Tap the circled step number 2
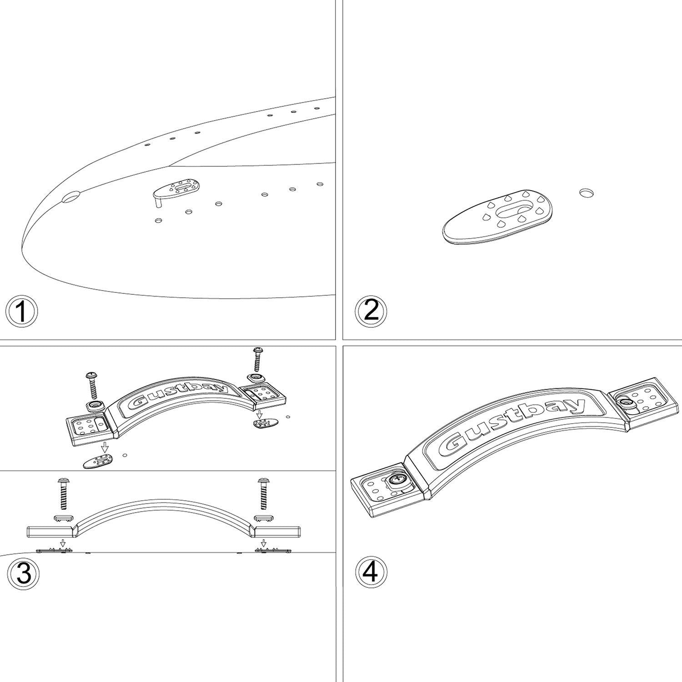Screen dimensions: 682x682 coord(371,311)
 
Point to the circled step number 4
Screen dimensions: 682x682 coord(371,571)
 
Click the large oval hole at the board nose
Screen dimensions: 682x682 coord(70,197)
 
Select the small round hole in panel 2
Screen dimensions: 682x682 coord(587,193)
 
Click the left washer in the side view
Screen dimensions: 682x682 coord(63,517)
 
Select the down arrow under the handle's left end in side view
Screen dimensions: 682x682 coord(63,543)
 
